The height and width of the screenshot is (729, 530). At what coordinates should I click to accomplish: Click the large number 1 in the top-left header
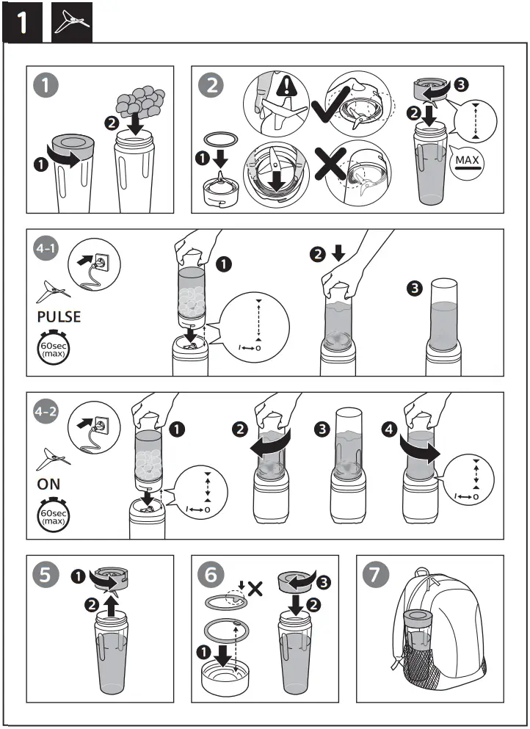[23, 23]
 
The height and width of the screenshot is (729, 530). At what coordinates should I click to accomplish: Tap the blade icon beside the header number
[73, 23]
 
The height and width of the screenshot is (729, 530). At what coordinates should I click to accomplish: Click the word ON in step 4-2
[49, 485]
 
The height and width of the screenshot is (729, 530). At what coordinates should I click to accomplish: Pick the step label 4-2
[46, 413]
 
